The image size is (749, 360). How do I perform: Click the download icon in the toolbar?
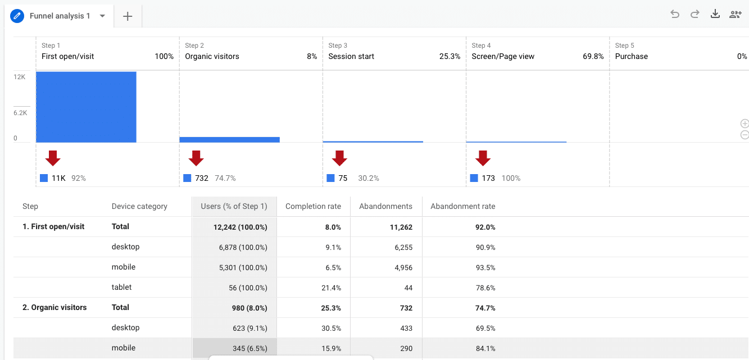point(715,15)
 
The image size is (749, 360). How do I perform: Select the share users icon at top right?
point(735,15)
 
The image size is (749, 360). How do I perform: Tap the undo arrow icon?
point(675,15)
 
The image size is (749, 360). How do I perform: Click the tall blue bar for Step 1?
point(86,107)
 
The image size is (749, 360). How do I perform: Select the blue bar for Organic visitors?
point(229,139)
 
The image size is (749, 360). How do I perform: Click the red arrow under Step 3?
point(339,158)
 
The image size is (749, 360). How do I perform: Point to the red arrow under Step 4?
point(483,158)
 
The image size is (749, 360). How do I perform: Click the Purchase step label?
point(631,56)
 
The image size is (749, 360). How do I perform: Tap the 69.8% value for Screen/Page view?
point(593,56)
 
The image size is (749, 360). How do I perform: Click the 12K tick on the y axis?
point(20,77)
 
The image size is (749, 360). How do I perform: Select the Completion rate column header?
point(313,206)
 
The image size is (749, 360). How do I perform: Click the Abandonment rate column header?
point(462,206)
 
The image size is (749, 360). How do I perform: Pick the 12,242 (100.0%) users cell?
point(240,227)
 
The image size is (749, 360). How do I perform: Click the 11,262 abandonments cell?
point(397,227)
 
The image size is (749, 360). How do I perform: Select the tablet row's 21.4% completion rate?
point(333,288)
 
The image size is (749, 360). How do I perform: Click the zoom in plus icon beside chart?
point(745,124)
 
